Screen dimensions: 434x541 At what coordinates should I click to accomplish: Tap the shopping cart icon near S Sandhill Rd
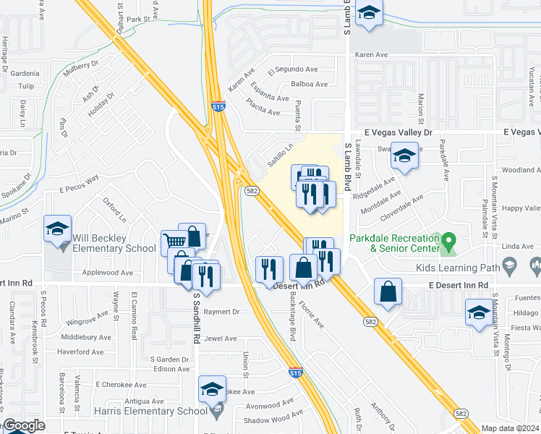174,242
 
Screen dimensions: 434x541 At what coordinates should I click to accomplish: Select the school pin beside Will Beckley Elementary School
57,229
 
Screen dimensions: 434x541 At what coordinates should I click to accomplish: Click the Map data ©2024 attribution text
510,428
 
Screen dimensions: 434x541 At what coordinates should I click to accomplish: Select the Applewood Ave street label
108,273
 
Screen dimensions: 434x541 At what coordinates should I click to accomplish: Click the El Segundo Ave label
293,69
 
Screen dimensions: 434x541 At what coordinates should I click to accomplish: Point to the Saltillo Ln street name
280,154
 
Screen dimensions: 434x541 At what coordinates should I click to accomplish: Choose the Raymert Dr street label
221,312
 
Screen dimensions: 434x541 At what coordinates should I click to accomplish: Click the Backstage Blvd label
292,319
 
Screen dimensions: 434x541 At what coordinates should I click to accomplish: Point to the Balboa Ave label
309,85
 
